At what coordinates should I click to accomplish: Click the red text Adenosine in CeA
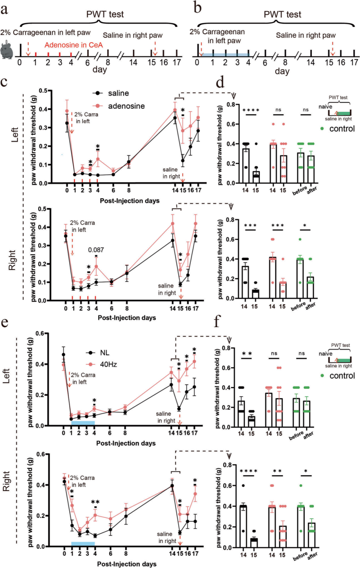74,45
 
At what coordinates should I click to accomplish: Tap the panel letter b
198,7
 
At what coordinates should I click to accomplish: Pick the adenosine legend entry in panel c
120,106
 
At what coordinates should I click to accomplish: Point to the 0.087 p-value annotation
96,250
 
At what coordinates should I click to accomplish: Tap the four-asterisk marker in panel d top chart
251,110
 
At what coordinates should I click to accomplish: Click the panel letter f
217,322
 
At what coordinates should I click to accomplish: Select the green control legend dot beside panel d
322,129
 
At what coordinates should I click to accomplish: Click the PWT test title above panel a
105,14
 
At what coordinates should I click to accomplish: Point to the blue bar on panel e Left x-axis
83,423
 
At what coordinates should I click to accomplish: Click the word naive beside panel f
325,354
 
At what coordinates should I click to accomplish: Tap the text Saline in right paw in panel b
306,35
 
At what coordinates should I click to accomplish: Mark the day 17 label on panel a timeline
177,62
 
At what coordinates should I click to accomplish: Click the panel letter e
5,323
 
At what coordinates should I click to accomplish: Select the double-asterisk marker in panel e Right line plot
95,502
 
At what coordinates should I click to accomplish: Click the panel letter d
220,82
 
